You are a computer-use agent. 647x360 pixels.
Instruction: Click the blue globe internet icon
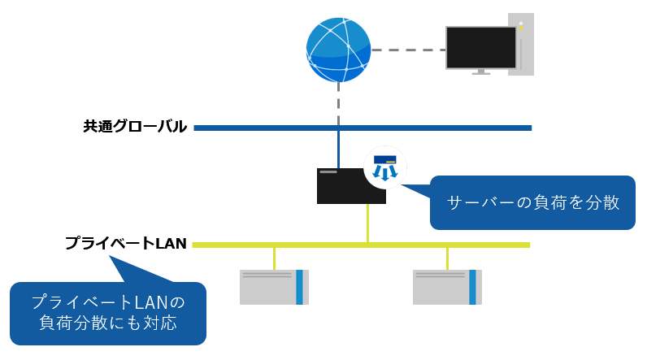pyautogui.click(x=338, y=49)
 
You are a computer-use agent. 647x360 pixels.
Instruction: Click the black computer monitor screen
pyautogui.click(x=481, y=48)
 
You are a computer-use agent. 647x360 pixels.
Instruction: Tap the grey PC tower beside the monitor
pyautogui.click(x=522, y=45)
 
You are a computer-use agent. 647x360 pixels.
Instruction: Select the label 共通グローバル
pyautogui.click(x=135, y=127)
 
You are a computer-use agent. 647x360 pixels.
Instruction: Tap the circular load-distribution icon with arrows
pyautogui.click(x=384, y=167)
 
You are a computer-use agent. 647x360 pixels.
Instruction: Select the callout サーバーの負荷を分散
pyautogui.click(x=532, y=202)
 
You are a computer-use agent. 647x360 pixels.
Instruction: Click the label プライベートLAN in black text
pyautogui.click(x=126, y=244)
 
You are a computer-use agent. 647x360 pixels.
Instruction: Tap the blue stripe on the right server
pyautogui.click(x=472, y=287)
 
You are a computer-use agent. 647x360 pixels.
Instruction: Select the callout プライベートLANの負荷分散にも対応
pyautogui.click(x=107, y=312)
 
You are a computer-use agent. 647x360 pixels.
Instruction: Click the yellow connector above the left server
pyautogui.click(x=274, y=258)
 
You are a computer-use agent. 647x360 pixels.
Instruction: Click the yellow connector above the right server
pyautogui.click(x=447, y=258)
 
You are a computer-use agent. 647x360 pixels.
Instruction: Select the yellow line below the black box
pyautogui.click(x=367, y=222)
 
